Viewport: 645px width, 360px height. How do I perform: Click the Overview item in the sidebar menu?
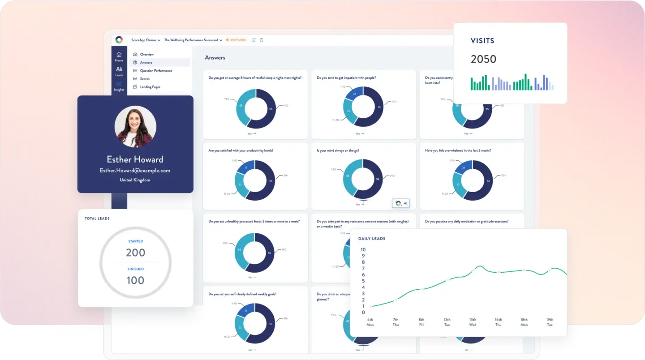146,55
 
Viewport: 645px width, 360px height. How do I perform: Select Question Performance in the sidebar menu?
156,71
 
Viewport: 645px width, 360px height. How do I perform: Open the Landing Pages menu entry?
150,87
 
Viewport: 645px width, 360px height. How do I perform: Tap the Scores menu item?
144,79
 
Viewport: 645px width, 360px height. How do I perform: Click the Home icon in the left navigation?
119,57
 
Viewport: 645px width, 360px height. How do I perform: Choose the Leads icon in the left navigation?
119,72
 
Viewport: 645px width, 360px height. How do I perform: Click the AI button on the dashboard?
400,203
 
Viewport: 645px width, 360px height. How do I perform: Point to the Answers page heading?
215,58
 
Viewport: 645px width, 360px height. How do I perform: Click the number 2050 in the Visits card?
483,59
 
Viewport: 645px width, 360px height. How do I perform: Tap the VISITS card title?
482,41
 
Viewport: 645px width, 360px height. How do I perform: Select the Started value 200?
135,253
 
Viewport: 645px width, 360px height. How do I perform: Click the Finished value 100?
135,281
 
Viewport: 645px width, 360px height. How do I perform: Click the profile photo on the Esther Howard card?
135,127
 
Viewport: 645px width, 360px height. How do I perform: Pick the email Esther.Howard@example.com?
135,171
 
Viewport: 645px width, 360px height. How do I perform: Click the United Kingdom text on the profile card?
135,180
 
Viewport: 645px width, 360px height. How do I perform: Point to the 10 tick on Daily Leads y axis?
363,250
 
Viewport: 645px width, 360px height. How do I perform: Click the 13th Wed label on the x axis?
473,322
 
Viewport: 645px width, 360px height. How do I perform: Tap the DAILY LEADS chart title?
372,239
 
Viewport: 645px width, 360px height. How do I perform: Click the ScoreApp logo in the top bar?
119,40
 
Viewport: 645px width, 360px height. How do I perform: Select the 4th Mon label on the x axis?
370,322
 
